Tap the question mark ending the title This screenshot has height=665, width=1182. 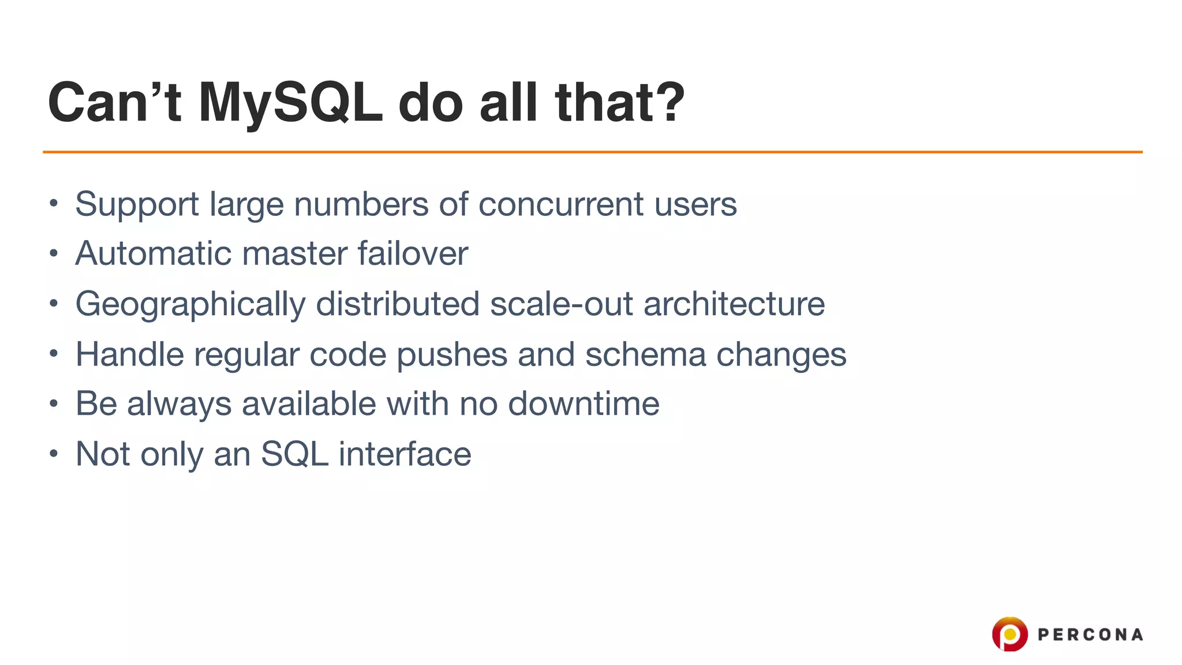tap(669, 102)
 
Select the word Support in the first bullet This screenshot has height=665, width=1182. tap(137, 204)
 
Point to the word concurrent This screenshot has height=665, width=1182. tap(560, 204)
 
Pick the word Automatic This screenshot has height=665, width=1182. tap(153, 253)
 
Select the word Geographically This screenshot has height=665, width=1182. tap(190, 304)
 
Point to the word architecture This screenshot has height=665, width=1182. tap(734, 304)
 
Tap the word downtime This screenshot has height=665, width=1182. tap(583, 404)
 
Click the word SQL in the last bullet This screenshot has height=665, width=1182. tap(294, 454)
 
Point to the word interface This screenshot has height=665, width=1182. tap(405, 454)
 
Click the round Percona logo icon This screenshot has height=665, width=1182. tap(1009, 634)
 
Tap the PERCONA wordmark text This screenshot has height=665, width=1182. tap(1090, 635)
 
